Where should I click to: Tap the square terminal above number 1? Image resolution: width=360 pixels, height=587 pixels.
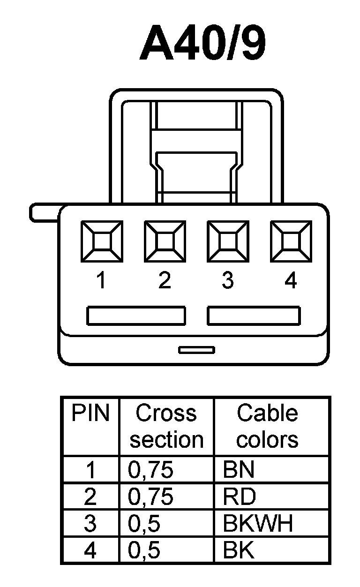(102, 241)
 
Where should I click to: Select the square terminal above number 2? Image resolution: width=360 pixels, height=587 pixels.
(165, 241)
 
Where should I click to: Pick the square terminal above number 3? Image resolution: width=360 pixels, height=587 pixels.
(227, 241)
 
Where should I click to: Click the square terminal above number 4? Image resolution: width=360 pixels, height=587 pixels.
(291, 241)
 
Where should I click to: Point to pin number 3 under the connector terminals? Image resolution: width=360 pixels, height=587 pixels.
(227, 280)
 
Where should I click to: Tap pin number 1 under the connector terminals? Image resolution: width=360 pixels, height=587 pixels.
(100, 280)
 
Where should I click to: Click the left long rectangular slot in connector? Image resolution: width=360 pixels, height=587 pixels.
(136, 316)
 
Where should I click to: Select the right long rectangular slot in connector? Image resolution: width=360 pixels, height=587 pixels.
(254, 316)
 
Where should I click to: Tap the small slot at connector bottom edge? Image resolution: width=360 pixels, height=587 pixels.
(197, 350)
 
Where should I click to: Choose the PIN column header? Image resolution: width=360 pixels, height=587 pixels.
(90, 414)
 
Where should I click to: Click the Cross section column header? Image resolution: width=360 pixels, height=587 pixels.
(166, 426)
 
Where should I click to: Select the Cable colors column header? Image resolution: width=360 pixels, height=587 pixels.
(267, 426)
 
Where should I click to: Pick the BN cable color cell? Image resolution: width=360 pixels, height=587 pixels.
(239, 470)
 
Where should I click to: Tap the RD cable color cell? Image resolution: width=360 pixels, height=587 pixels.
(240, 497)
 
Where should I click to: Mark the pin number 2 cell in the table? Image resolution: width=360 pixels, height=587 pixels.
(90, 497)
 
